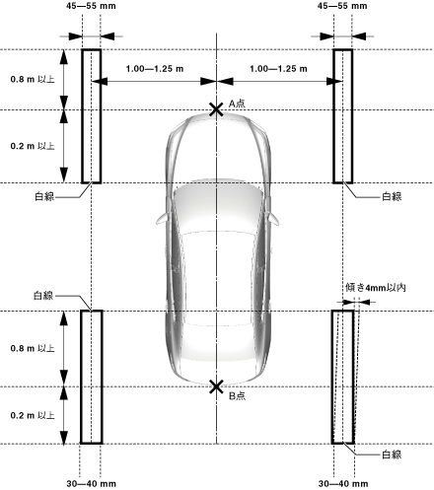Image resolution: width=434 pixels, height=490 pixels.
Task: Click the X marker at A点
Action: pos(216,109)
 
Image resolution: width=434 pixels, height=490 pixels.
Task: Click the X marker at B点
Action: pos(216,386)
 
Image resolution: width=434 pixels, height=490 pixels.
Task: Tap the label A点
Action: pos(237,104)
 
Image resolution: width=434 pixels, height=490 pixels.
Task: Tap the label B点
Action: pos(237,395)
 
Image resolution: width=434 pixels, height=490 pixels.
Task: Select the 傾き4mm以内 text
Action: pos(376,288)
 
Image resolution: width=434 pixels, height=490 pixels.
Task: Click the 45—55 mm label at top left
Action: pos(91,6)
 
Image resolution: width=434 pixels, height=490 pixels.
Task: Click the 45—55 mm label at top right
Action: pos(342,6)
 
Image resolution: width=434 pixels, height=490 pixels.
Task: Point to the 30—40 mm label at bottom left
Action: pos(91,484)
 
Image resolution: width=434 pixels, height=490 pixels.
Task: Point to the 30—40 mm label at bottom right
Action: pos(343,484)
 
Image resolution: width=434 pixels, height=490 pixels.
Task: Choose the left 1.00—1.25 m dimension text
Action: pos(155,69)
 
